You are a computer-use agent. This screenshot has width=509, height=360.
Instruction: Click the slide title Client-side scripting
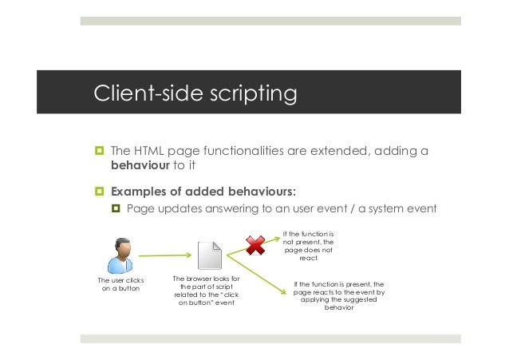[x=195, y=94]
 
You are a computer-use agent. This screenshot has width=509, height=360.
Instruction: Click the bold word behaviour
[x=140, y=166]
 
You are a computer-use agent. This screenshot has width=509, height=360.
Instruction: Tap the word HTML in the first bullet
[x=148, y=150]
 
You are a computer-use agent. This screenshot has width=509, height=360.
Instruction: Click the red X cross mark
[x=255, y=245]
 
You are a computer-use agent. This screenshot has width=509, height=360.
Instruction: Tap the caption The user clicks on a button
[x=119, y=285]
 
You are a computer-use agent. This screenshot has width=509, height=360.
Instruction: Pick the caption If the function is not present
[x=308, y=247]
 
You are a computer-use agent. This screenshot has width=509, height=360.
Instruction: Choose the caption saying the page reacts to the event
[x=339, y=296]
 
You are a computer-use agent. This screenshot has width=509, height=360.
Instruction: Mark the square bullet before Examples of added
[x=100, y=192]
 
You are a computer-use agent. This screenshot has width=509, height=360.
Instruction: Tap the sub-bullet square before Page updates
[x=116, y=210]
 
